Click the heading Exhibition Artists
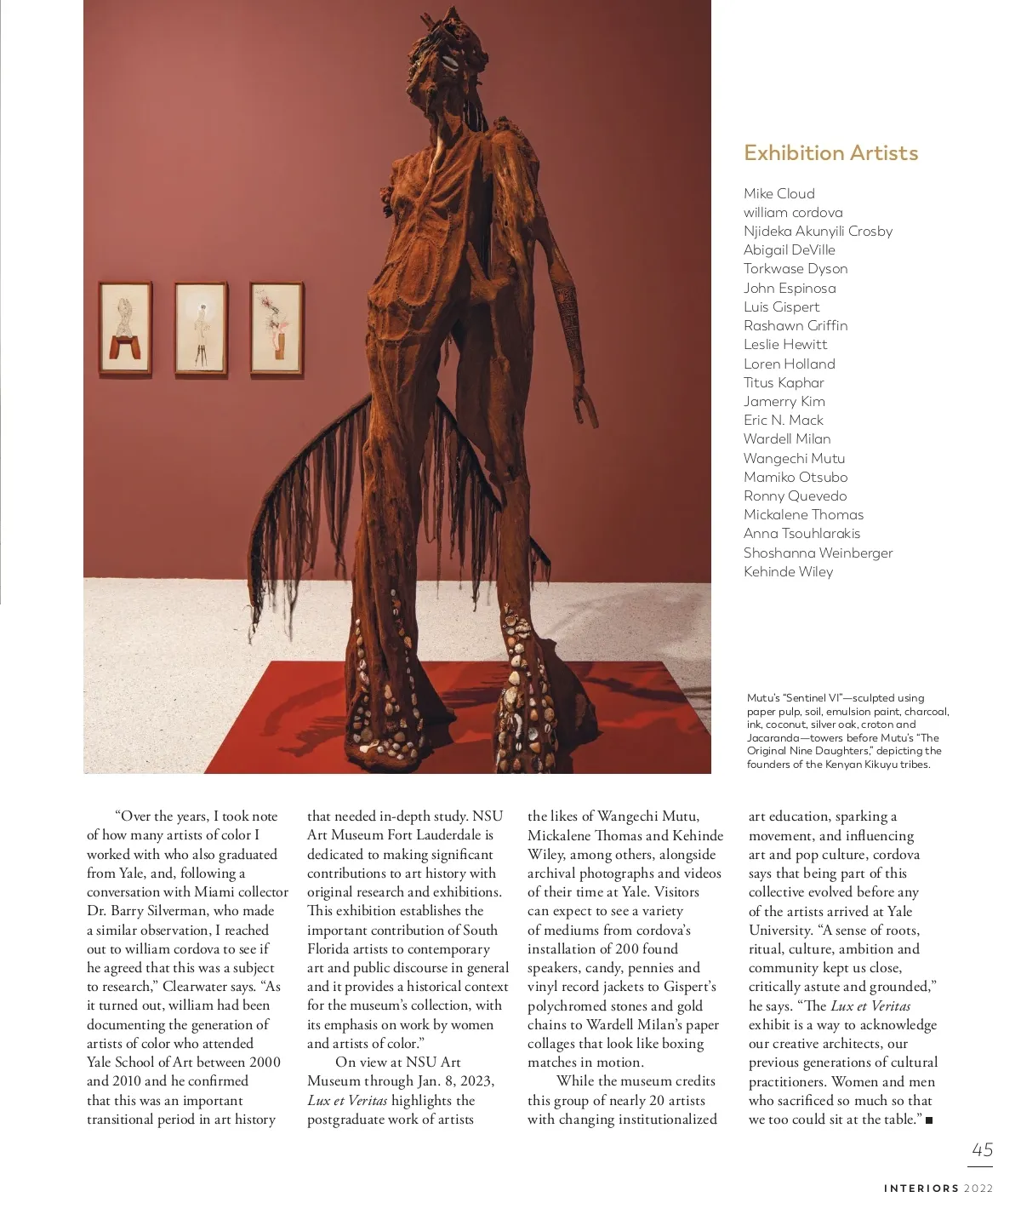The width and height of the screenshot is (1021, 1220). coord(830,153)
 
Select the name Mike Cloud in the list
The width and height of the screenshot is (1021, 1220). coord(779,194)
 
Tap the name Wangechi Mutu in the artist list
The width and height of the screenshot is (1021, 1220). coord(794,458)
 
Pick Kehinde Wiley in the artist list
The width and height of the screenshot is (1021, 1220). coord(788,572)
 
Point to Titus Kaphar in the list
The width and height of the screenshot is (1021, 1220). coord(784,383)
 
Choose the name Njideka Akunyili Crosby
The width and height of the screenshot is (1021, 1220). coord(818,232)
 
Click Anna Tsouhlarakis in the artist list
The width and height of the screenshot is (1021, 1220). coord(801,534)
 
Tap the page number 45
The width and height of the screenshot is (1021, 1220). coord(982,1149)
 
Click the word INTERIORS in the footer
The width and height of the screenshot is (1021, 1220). coord(921,1188)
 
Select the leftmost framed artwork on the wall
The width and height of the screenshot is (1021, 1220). coord(126,329)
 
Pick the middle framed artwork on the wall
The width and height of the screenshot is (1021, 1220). coord(201,329)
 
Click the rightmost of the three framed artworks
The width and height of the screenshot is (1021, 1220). coord(277,329)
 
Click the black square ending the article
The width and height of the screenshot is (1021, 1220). coord(929,1120)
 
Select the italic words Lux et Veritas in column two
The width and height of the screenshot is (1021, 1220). coord(347,1101)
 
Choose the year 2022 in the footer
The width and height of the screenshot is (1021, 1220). coord(978,1188)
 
